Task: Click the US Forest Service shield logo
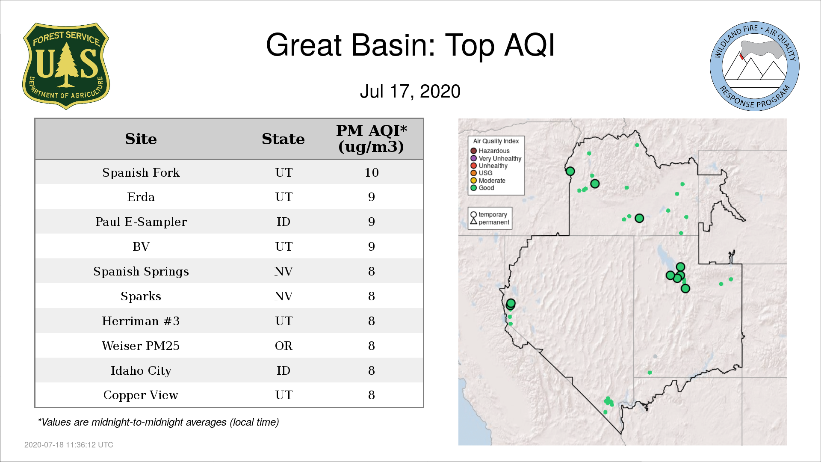[66, 66]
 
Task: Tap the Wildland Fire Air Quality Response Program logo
[754, 66]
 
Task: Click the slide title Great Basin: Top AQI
[410, 45]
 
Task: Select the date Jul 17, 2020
[410, 91]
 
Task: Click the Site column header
[141, 139]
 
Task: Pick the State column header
[283, 139]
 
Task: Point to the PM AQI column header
[371, 139]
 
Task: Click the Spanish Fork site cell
[141, 172]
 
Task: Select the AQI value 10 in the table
[372, 172]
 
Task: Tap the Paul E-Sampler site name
[141, 222]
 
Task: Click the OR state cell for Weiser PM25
[284, 346]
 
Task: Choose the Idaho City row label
[141, 370]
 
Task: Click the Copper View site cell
[141, 395]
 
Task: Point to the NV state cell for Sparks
[284, 296]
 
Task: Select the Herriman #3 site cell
[141, 321]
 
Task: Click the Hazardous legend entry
[490, 151]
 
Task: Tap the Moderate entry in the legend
[488, 181]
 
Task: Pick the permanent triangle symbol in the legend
[473, 222]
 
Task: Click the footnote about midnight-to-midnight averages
[158, 422]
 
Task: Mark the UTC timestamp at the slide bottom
[69, 445]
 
